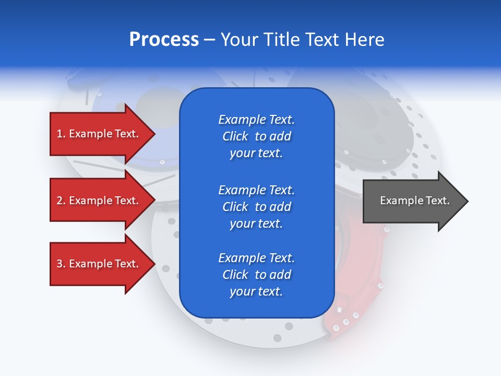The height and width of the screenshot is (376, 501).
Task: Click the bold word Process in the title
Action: pyautogui.click(x=164, y=40)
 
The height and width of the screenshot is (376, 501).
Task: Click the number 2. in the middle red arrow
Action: pyautogui.click(x=61, y=201)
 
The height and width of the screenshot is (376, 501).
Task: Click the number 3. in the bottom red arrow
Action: pyautogui.click(x=61, y=264)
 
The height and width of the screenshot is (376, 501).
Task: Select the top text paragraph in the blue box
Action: pyautogui.click(x=256, y=136)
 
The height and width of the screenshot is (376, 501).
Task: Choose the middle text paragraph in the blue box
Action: pyautogui.click(x=256, y=207)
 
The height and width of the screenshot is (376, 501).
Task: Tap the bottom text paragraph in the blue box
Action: pyautogui.click(x=256, y=275)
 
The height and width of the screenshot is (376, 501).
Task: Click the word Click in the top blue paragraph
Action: pyautogui.click(x=235, y=136)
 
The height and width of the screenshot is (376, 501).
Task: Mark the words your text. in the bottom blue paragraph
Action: pyautogui.click(x=256, y=291)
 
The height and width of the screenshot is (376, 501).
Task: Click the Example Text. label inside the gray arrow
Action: pyautogui.click(x=414, y=201)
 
